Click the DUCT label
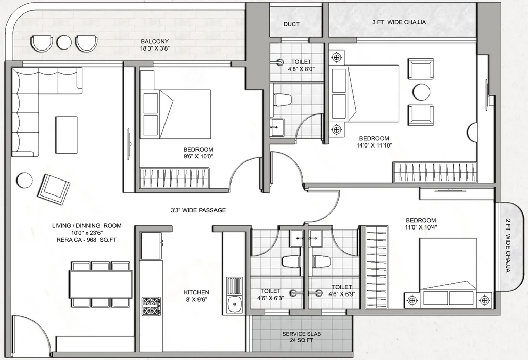(291, 24)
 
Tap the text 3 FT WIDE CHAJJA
(399, 22)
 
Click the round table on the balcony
(64, 42)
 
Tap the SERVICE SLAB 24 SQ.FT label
(302, 337)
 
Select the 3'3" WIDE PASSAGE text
(199, 210)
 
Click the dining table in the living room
(101, 284)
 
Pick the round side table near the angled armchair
(24, 181)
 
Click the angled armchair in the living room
(54, 189)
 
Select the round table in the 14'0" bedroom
(421, 92)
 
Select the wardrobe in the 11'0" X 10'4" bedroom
(375, 268)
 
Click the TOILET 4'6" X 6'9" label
(342, 291)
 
